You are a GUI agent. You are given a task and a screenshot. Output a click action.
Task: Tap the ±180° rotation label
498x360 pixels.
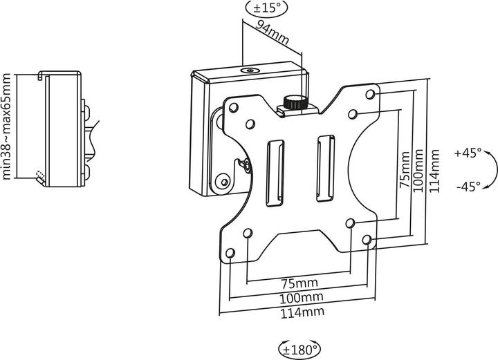[298, 348]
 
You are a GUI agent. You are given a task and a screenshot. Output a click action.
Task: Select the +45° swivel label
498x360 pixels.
[468, 153]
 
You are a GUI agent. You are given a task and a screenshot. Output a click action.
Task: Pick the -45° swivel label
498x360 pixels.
[468, 186]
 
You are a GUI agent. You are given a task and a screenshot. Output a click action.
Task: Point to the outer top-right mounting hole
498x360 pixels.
[371, 93]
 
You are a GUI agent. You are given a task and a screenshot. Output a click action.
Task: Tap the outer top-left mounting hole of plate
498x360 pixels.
[233, 108]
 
